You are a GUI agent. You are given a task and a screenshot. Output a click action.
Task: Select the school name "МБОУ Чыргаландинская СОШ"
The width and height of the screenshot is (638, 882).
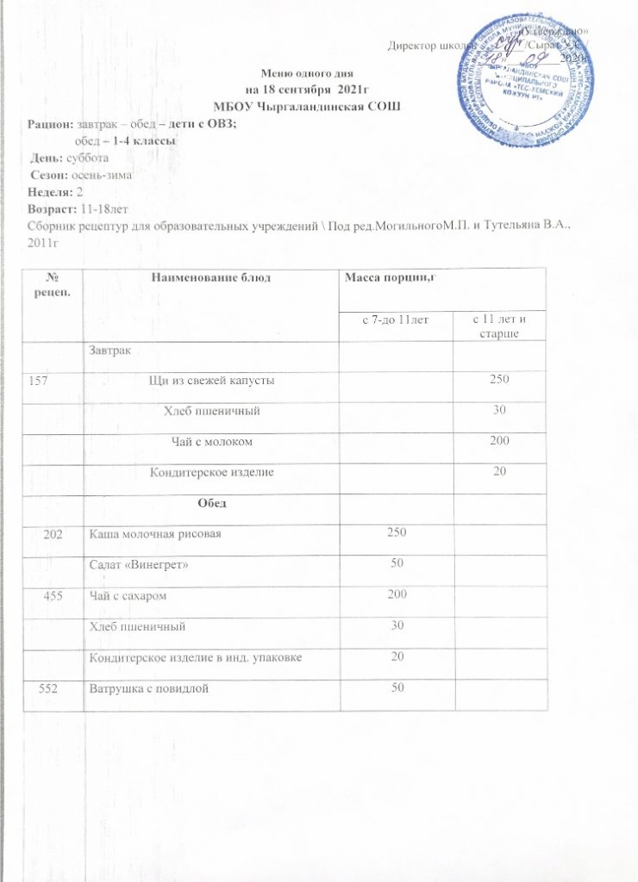pos(307,105)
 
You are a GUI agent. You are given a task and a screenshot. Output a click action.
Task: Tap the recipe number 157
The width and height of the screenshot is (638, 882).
pos(55,380)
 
